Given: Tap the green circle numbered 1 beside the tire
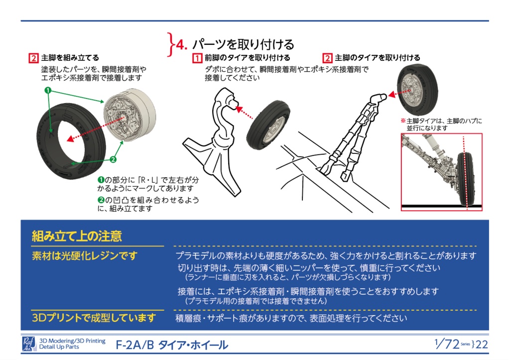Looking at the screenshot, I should pos(48,90).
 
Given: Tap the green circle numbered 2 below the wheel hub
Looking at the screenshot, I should pos(113,159).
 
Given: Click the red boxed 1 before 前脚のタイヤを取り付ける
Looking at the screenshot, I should pos(197,58).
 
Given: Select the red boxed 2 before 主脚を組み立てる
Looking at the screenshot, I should pos(33,58).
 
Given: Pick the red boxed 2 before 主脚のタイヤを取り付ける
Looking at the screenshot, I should pos(328,58).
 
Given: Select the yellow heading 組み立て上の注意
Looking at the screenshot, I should pos(77,236).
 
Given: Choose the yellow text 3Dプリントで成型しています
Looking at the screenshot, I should pos(94,318).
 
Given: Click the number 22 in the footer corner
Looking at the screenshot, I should pos(482,344).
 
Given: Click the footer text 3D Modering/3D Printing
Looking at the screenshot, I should pos(72,341).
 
